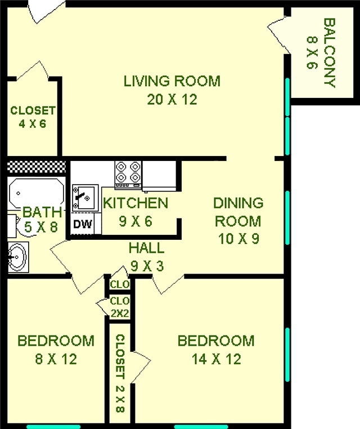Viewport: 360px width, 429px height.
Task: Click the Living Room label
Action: pyautogui.click(x=172, y=90)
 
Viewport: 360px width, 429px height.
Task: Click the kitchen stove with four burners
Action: pyautogui.click(x=128, y=173)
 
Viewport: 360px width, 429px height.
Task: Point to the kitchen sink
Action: pyautogui.click(x=85, y=197)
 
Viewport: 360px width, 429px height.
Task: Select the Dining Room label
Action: pyautogui.click(x=238, y=221)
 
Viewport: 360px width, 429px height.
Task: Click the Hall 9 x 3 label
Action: pyautogui.click(x=146, y=256)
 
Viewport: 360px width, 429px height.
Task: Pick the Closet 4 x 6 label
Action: pyautogui.click(x=33, y=117)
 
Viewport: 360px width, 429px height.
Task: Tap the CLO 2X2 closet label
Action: pyautogui.click(x=120, y=306)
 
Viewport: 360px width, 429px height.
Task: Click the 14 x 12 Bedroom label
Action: pyautogui.click(x=215, y=350)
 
